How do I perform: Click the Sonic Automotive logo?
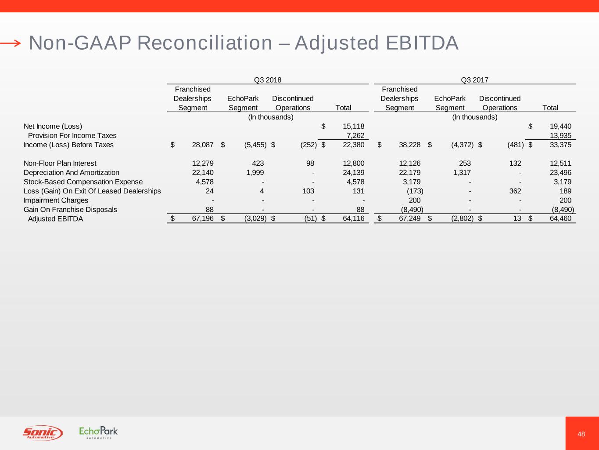(x=43, y=433)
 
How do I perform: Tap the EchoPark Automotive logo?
(x=98, y=432)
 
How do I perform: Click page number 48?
(x=581, y=434)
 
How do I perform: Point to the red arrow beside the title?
(x=11, y=43)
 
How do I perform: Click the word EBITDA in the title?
(x=422, y=43)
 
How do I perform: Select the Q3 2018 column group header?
(x=267, y=80)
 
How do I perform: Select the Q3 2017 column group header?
(x=474, y=80)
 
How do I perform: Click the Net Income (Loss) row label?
(x=53, y=126)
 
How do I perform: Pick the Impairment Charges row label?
(x=56, y=200)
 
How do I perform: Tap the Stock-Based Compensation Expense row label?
(x=83, y=181)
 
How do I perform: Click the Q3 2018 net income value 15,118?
(x=353, y=126)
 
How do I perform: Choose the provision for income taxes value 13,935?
(x=560, y=135)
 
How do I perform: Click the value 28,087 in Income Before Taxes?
(x=202, y=145)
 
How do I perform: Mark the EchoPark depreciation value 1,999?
(x=255, y=172)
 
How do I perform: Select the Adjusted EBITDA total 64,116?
(x=353, y=218)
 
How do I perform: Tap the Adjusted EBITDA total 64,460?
(x=560, y=218)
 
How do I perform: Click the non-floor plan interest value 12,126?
(x=409, y=163)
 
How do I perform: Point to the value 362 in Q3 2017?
(x=515, y=191)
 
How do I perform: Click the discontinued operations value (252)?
(x=308, y=145)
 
